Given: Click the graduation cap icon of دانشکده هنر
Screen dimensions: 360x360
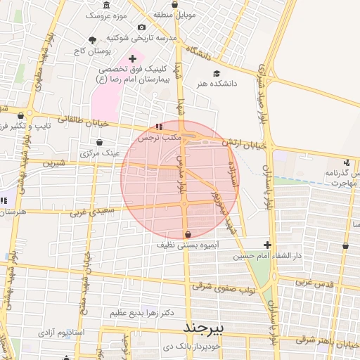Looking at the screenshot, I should [x=217, y=72].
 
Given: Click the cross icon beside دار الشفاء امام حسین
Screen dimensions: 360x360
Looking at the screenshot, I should [x=267, y=245].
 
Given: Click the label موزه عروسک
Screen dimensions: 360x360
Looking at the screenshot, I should [x=105, y=14].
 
